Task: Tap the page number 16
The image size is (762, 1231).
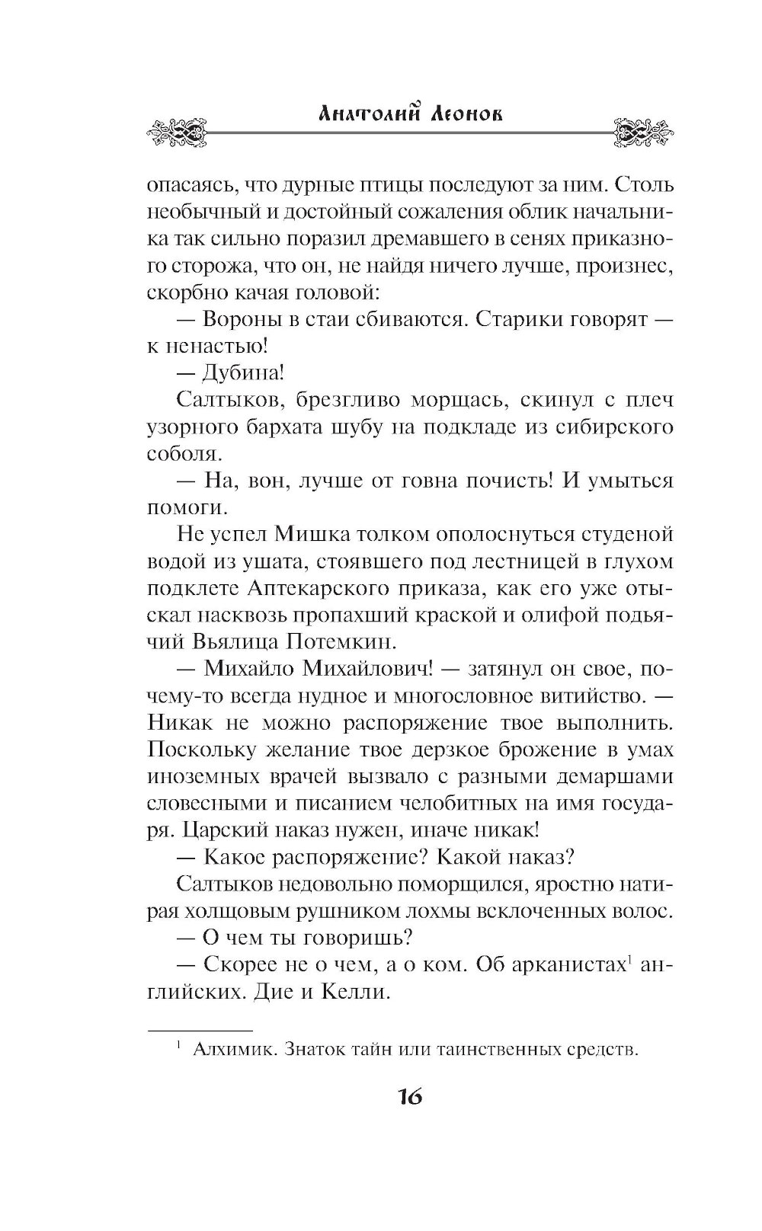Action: [x=408, y=1098]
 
